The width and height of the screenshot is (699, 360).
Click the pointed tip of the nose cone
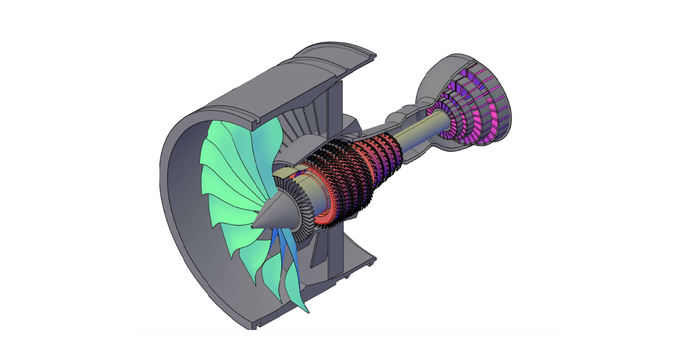[x=253, y=226]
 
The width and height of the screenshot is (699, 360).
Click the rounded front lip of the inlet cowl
[x=169, y=180]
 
